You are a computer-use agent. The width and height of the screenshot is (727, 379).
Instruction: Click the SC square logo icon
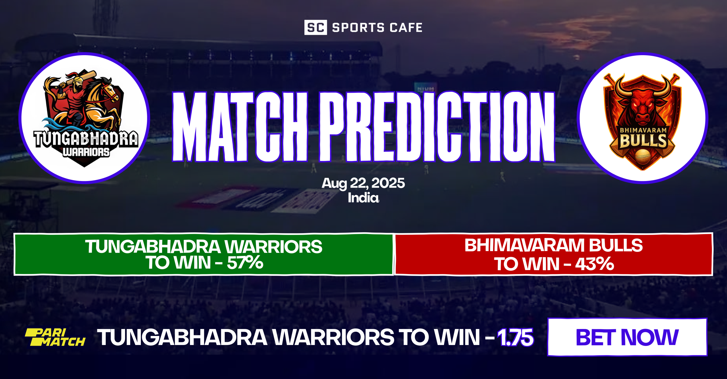click(315, 28)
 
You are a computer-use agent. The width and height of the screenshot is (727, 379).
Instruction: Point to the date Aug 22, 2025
click(363, 183)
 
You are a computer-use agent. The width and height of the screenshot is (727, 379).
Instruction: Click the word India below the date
click(363, 198)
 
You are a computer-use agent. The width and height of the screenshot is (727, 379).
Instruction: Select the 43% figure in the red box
click(594, 264)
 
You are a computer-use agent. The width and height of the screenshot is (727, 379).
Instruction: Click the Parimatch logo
click(55, 337)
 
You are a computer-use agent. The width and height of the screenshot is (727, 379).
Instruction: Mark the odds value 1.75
click(515, 337)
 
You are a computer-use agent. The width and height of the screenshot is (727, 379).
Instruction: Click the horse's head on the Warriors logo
click(108, 89)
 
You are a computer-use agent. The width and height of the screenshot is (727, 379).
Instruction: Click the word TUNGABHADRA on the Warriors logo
click(86, 139)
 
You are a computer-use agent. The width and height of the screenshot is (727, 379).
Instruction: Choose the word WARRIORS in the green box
click(273, 247)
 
